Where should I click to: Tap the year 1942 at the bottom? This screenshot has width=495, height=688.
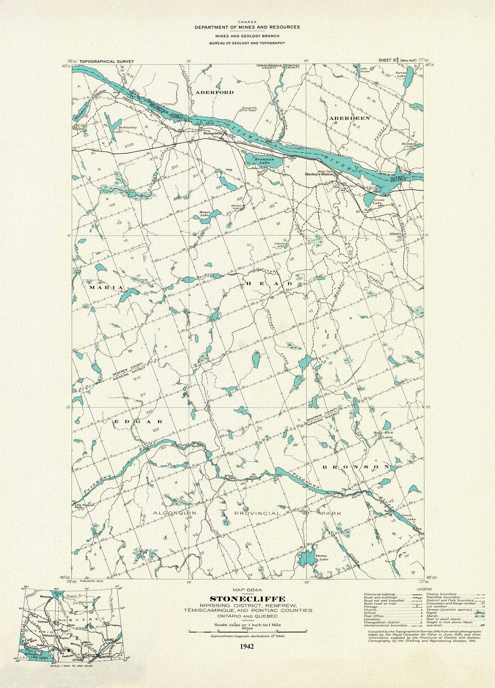click(247, 636)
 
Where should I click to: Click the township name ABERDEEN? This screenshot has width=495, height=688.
click(349, 118)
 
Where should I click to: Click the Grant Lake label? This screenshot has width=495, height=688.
click(379, 201)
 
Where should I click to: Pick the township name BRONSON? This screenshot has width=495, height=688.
click(356, 467)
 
